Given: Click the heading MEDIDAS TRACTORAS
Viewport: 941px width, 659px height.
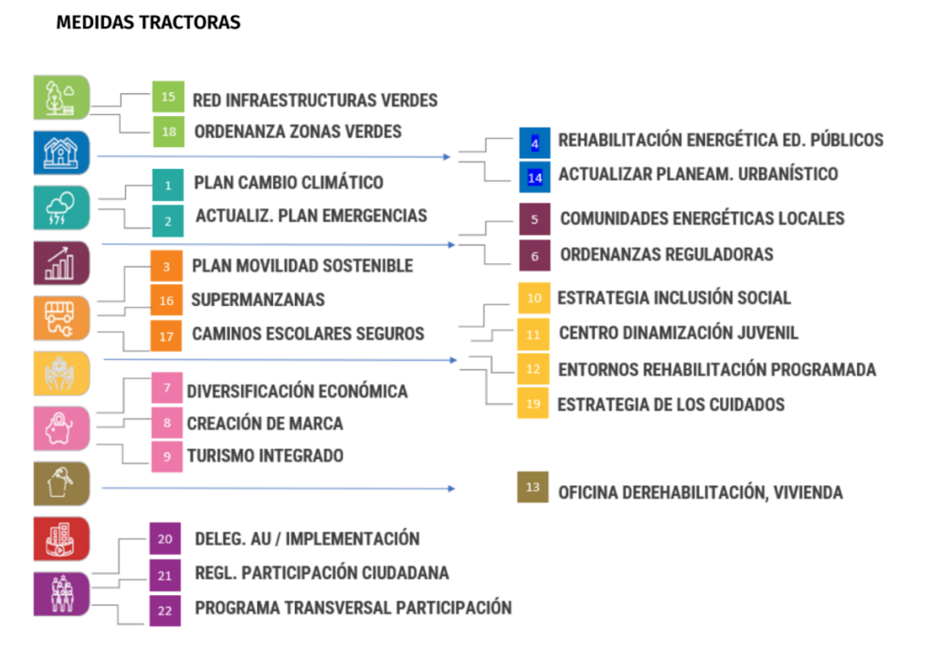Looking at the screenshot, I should (x=148, y=23).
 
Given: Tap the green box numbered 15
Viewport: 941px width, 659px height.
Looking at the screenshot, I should (x=167, y=97).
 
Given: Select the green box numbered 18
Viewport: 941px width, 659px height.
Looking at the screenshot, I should (x=168, y=132).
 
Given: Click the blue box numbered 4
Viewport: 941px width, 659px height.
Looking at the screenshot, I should (x=534, y=143).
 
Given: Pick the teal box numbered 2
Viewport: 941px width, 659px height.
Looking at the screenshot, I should (x=167, y=220).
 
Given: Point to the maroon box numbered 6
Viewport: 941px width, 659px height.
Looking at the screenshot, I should (x=534, y=256).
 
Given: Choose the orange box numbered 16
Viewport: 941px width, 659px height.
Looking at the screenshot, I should (x=166, y=300).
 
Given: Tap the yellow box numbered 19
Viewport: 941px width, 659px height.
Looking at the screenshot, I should (x=534, y=403).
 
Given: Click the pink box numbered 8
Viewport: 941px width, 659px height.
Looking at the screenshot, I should (x=166, y=423).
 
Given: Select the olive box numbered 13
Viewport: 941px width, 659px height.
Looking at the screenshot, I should (x=533, y=487).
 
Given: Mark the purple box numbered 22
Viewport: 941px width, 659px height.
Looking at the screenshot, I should (x=164, y=610).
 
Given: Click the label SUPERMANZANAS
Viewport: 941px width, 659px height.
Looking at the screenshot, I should (x=258, y=300).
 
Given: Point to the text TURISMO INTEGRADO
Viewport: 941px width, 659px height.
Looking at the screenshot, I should (x=265, y=455).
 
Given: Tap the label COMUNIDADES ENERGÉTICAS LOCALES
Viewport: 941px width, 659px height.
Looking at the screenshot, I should (x=702, y=218).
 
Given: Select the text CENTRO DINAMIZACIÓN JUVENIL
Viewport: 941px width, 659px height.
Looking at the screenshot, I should (x=678, y=334).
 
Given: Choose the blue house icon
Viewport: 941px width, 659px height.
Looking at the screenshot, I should (x=61, y=152).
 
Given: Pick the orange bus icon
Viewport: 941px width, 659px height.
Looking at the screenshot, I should (x=61, y=318).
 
